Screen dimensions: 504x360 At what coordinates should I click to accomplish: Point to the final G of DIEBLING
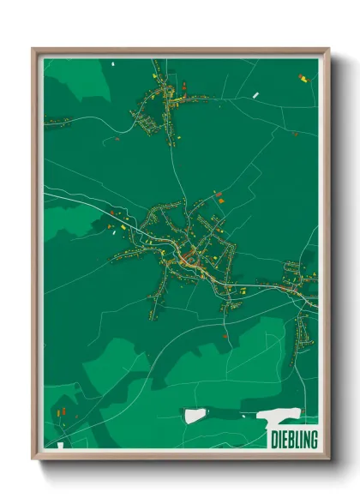(314, 441)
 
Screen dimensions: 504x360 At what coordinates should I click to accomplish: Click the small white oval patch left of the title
(195, 416)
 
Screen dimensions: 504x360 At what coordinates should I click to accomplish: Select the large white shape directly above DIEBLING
(279, 418)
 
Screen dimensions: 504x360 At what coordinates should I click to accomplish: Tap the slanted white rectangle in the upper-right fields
(255, 94)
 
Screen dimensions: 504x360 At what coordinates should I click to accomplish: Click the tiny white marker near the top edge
(112, 63)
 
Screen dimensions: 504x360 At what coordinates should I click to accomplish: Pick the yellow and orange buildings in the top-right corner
(302, 78)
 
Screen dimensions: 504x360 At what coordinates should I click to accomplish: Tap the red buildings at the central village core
(188, 257)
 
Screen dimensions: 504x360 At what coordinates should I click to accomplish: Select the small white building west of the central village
(111, 228)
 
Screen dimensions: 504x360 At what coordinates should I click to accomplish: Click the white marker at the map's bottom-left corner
(59, 446)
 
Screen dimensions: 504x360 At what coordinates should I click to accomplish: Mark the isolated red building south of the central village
(225, 337)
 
